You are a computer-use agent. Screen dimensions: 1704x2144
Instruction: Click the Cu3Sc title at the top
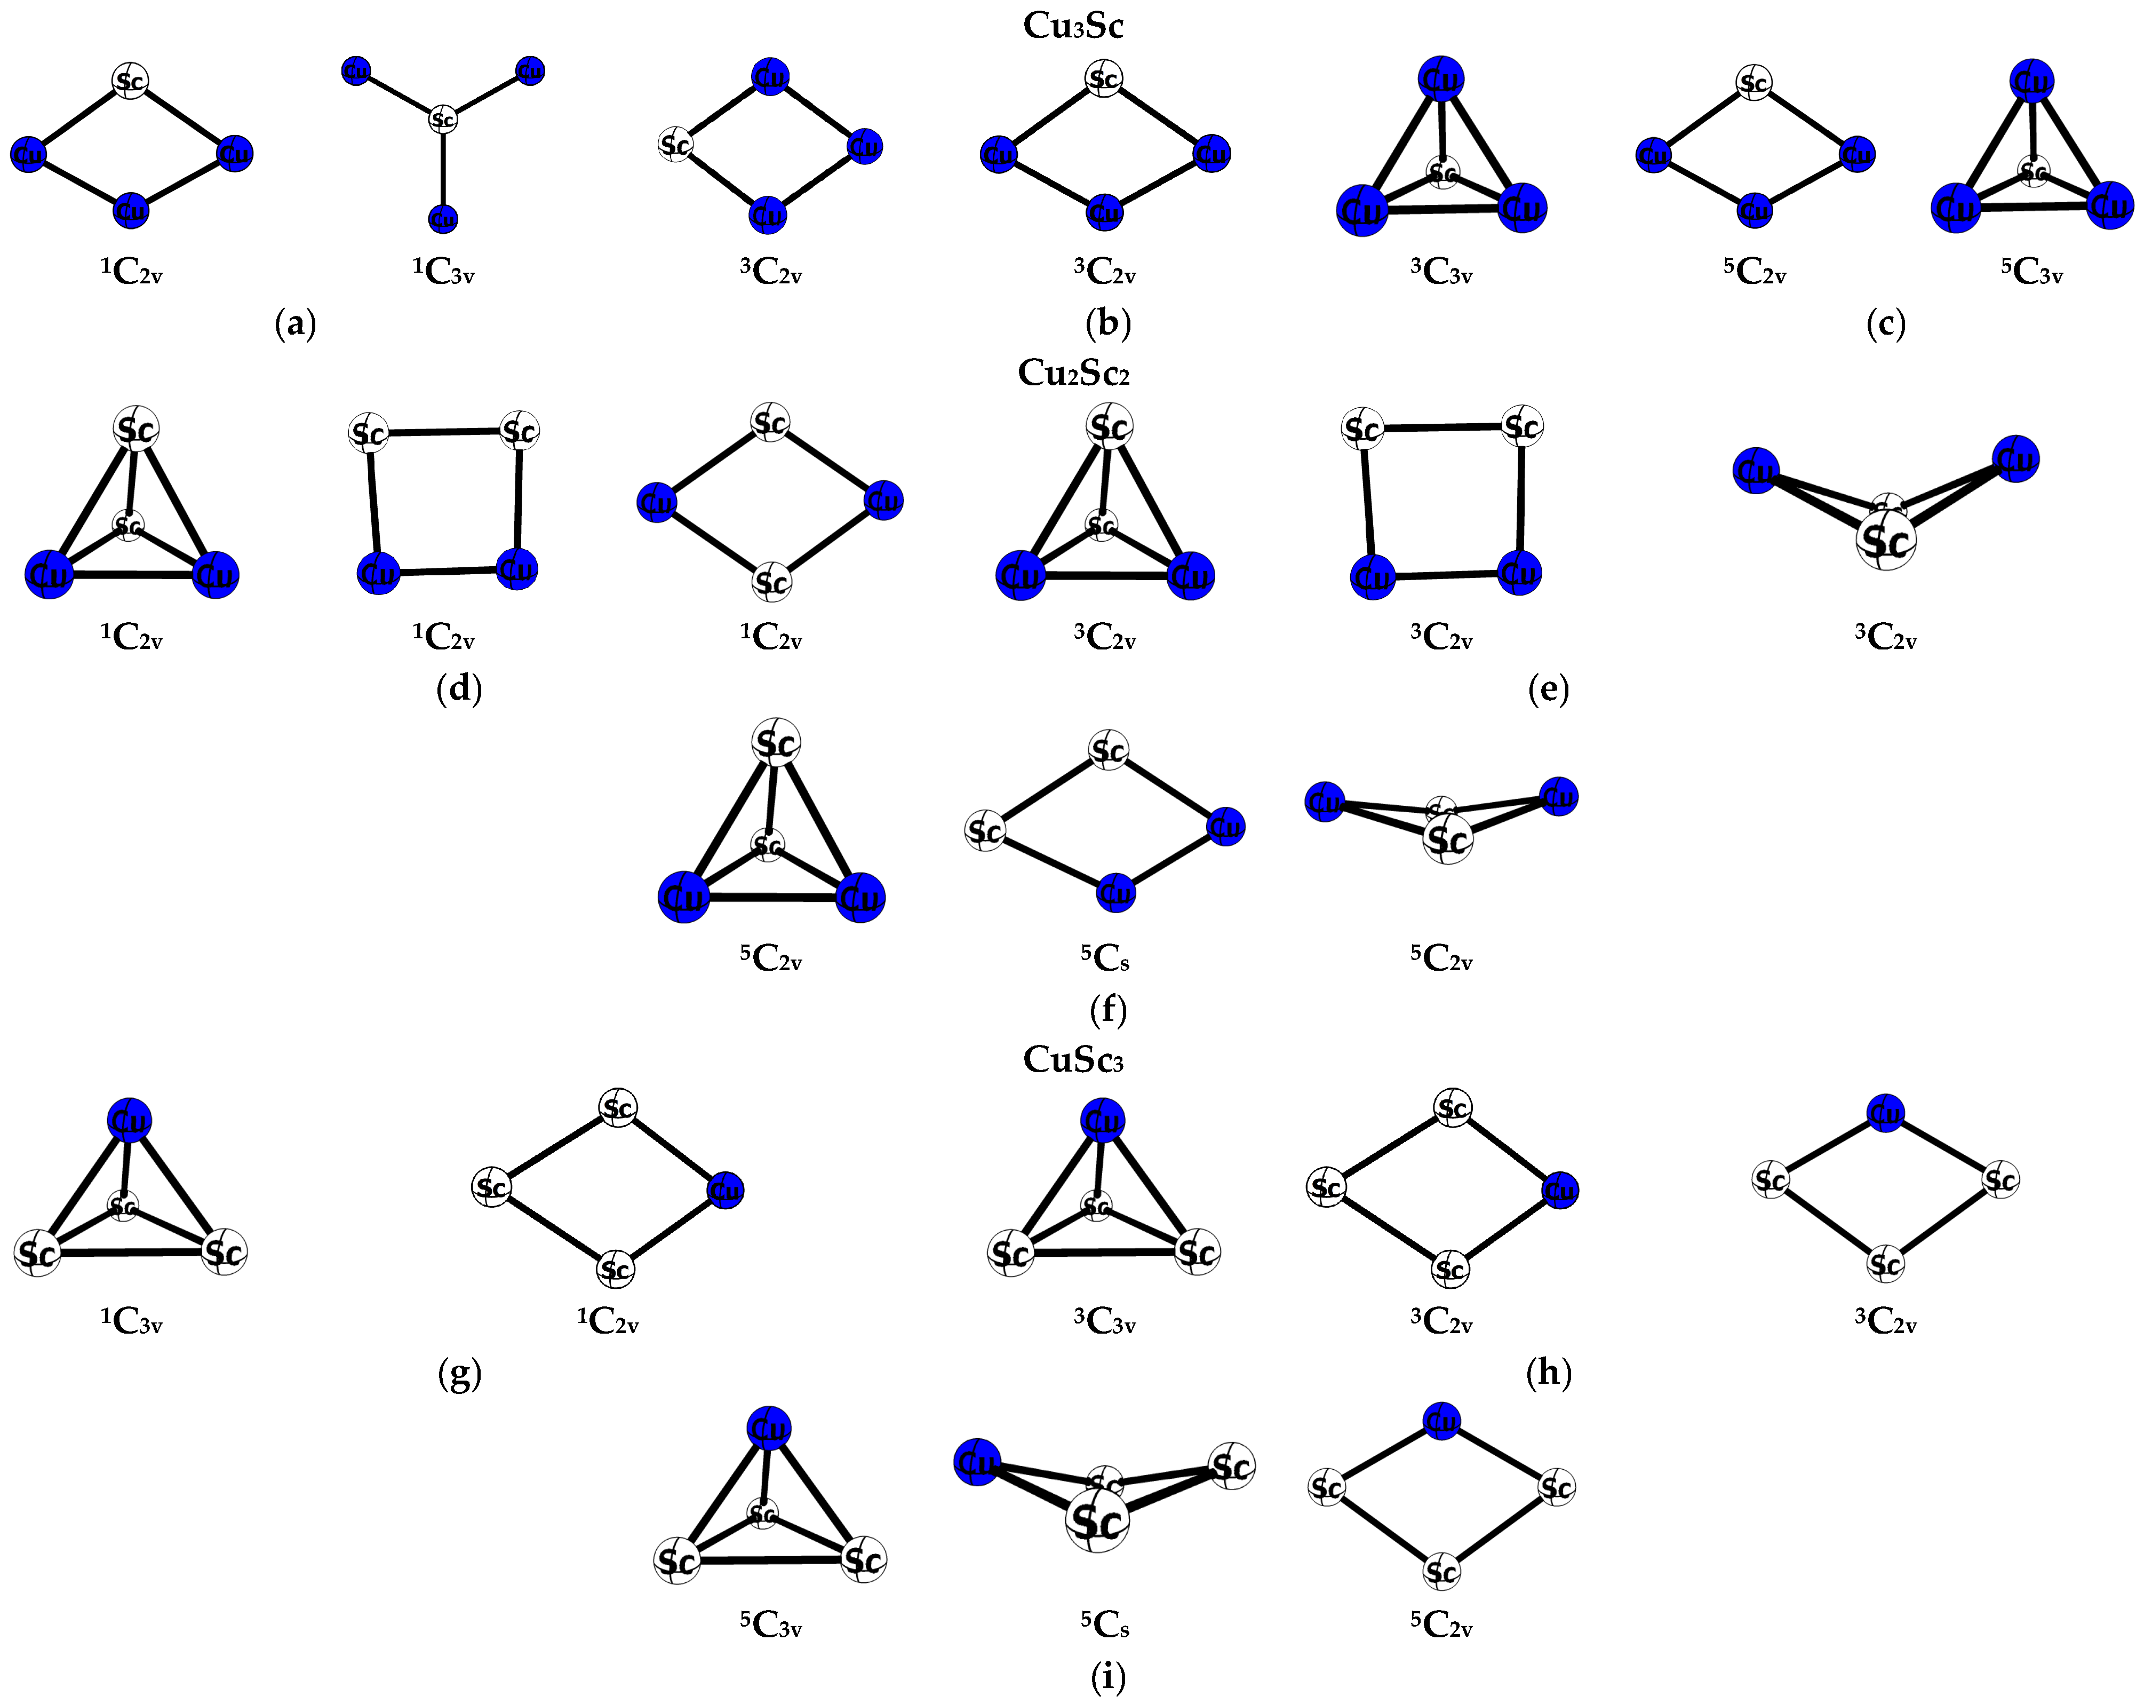(x=1072, y=26)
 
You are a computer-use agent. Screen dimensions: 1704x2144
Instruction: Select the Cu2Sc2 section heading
(x=1072, y=373)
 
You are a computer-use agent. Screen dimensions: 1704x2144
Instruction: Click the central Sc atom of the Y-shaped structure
(x=443, y=120)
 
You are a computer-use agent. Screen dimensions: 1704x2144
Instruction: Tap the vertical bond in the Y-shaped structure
(x=443, y=169)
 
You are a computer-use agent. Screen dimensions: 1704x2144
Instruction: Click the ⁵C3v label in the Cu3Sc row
(x=2031, y=271)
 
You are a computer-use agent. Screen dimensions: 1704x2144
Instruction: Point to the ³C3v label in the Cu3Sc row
(x=1441, y=271)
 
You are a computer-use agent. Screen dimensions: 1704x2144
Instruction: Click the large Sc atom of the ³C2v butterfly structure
(x=1885, y=540)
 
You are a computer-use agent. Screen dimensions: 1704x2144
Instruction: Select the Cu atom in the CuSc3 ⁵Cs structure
(x=977, y=1462)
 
